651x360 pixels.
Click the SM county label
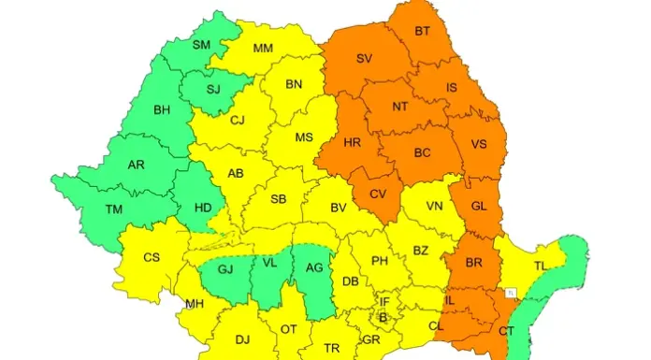201,44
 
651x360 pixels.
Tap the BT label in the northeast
423,32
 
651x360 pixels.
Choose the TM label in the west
113,209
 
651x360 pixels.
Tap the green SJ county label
213,90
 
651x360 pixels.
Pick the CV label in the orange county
378,194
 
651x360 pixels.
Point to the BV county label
339,208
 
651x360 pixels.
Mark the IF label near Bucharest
383,301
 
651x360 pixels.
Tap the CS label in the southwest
152,257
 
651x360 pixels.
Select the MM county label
264,48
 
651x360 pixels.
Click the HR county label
353,144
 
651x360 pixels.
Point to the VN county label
435,206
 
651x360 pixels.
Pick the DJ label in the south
242,339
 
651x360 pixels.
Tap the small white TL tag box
510,293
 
